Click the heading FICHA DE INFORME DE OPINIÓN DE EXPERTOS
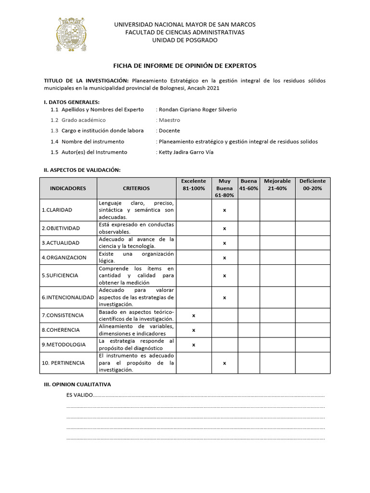(x=185, y=65)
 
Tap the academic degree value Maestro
(x=169, y=120)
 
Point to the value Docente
(x=169, y=130)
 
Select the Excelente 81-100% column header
(x=193, y=184)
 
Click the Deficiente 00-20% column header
(x=312, y=184)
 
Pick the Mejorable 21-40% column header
(x=277, y=184)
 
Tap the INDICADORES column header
(x=68, y=188)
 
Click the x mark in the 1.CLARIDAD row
(x=225, y=210)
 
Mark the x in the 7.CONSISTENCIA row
(x=194, y=315)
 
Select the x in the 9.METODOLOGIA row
(x=194, y=345)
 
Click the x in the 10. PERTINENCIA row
(x=225, y=363)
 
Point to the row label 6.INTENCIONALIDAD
(x=68, y=298)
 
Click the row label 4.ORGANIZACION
(x=64, y=258)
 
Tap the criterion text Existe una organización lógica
(x=136, y=257)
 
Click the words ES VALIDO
(x=79, y=395)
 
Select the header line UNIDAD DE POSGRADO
(x=185, y=40)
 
